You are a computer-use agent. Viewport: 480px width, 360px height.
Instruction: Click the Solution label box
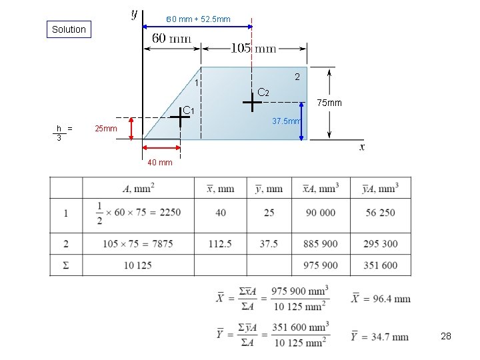[x=69, y=29]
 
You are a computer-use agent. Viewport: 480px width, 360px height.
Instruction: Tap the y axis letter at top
[x=135, y=13]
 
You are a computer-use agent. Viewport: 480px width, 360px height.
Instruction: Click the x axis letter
[x=362, y=147]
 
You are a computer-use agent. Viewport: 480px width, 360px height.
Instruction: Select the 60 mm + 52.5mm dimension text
[x=198, y=19]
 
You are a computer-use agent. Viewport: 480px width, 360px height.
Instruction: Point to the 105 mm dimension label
[x=253, y=47]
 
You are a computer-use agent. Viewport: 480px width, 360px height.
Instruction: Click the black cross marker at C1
[x=180, y=117]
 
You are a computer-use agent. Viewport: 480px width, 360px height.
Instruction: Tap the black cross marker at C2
[x=252, y=103]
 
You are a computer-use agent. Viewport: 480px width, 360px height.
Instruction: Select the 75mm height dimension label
[x=329, y=103]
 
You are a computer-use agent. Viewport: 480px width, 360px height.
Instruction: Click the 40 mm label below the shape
[x=159, y=162]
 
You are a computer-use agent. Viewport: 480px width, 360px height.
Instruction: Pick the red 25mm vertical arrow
[x=132, y=128]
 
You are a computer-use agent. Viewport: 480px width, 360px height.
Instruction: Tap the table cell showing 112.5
[x=220, y=244]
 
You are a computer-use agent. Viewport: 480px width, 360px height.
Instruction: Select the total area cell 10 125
[x=137, y=265]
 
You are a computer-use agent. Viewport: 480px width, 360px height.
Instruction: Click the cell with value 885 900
[x=320, y=244]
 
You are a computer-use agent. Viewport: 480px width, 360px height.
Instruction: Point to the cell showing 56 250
[x=380, y=213]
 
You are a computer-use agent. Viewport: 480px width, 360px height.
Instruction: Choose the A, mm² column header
[x=138, y=189]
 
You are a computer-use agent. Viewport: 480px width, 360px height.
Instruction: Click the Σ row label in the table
[x=65, y=265]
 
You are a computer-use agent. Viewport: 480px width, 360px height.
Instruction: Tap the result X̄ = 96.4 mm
[x=379, y=299]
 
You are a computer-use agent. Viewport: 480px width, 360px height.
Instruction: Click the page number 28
[x=446, y=337]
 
